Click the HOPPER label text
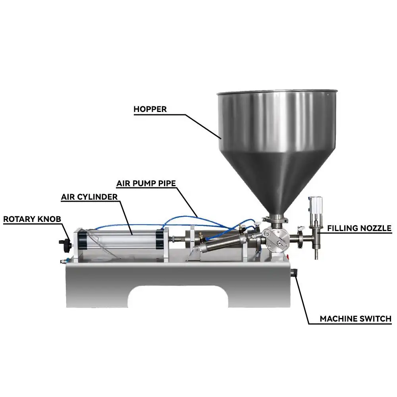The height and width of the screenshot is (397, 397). point(150,109)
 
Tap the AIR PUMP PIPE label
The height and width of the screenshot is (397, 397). point(146,183)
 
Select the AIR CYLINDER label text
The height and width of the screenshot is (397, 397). point(89,197)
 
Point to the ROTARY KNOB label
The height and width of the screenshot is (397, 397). point(32,219)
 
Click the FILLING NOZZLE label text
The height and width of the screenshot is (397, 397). point(359,228)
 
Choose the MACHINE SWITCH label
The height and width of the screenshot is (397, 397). point(356,318)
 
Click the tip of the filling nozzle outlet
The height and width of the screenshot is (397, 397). point(316,256)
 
